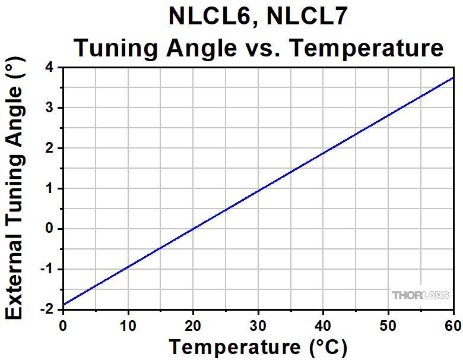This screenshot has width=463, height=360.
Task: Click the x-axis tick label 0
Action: coord(63,324)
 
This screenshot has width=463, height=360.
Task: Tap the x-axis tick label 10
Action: coord(128,324)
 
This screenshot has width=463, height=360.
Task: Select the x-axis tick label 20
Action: coord(192,324)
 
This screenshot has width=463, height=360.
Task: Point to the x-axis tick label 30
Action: coord(258,324)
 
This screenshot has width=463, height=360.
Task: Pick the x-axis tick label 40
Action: coord(323,324)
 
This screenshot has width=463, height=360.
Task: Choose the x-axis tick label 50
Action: coord(388,324)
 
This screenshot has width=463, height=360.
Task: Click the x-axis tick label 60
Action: coord(452,324)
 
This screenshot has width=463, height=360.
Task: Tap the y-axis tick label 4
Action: coord(50,68)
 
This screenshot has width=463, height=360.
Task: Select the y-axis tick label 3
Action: coord(50,108)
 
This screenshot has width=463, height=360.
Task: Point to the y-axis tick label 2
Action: coord(50,148)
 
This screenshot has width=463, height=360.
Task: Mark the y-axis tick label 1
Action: coord(50,188)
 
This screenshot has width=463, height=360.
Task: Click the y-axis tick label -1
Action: coord(47,269)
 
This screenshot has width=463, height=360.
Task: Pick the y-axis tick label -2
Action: coord(47,309)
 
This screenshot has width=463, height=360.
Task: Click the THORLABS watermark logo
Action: coord(420,295)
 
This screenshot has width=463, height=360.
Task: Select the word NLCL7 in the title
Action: coord(303,18)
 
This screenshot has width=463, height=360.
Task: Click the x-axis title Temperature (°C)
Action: coord(258,346)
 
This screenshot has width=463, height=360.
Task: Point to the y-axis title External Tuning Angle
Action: coord(15,193)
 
